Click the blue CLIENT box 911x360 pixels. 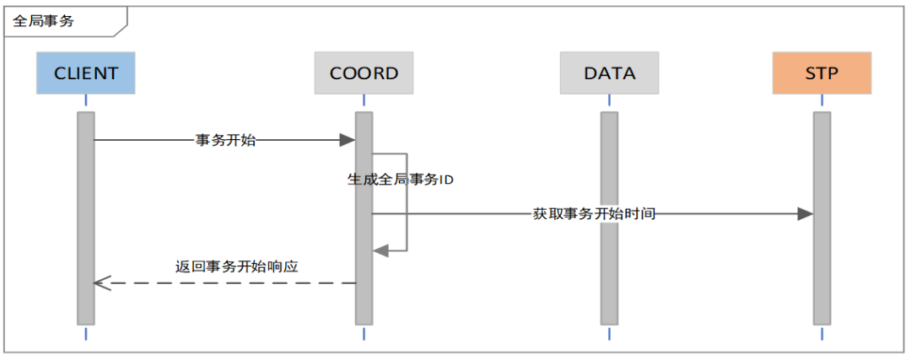[85, 73]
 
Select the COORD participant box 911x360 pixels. [364, 73]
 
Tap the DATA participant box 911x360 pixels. [609, 73]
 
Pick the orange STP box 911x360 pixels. [822, 73]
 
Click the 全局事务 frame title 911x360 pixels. [44, 20]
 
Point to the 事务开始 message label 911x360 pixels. [225, 141]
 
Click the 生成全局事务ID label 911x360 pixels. [401, 180]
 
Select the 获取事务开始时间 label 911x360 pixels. [594, 214]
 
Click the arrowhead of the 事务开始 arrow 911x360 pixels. [348, 140]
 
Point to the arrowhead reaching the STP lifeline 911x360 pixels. [806, 214]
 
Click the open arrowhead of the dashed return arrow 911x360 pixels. [100, 283]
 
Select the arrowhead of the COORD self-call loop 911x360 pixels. [380, 250]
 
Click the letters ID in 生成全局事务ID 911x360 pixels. [447, 180]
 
